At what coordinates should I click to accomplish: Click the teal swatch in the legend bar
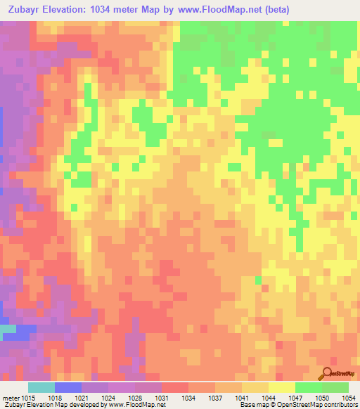tap(41, 387)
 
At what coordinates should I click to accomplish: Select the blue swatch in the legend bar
tap(67, 387)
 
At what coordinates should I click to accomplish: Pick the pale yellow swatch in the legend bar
tap(281, 387)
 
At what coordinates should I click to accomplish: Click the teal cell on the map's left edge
tap(7, 328)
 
